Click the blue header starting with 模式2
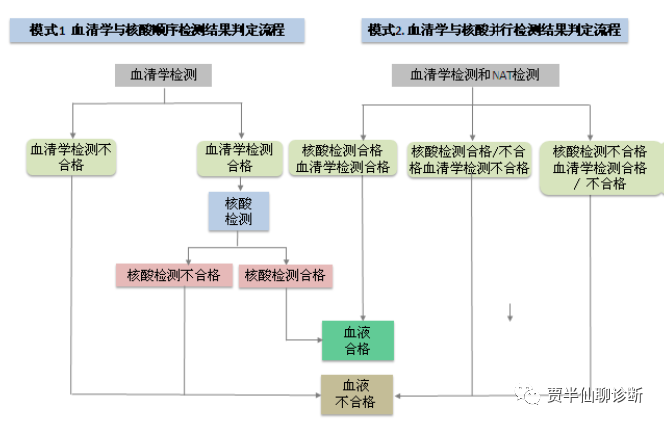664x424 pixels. pyautogui.click(x=495, y=30)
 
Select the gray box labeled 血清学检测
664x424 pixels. pyautogui.click(x=163, y=75)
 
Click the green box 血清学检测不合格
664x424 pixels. pyautogui.click(x=71, y=157)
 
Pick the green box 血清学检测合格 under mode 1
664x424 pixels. pyautogui.click(x=241, y=157)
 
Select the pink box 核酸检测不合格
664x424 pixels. pyautogui.click(x=173, y=275)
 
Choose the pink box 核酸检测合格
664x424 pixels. pyautogui.click(x=285, y=275)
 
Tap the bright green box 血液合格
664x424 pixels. pyautogui.click(x=357, y=341)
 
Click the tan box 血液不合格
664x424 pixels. pyautogui.click(x=356, y=394)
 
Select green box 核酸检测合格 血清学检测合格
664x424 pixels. pyautogui.click(x=342, y=159)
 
